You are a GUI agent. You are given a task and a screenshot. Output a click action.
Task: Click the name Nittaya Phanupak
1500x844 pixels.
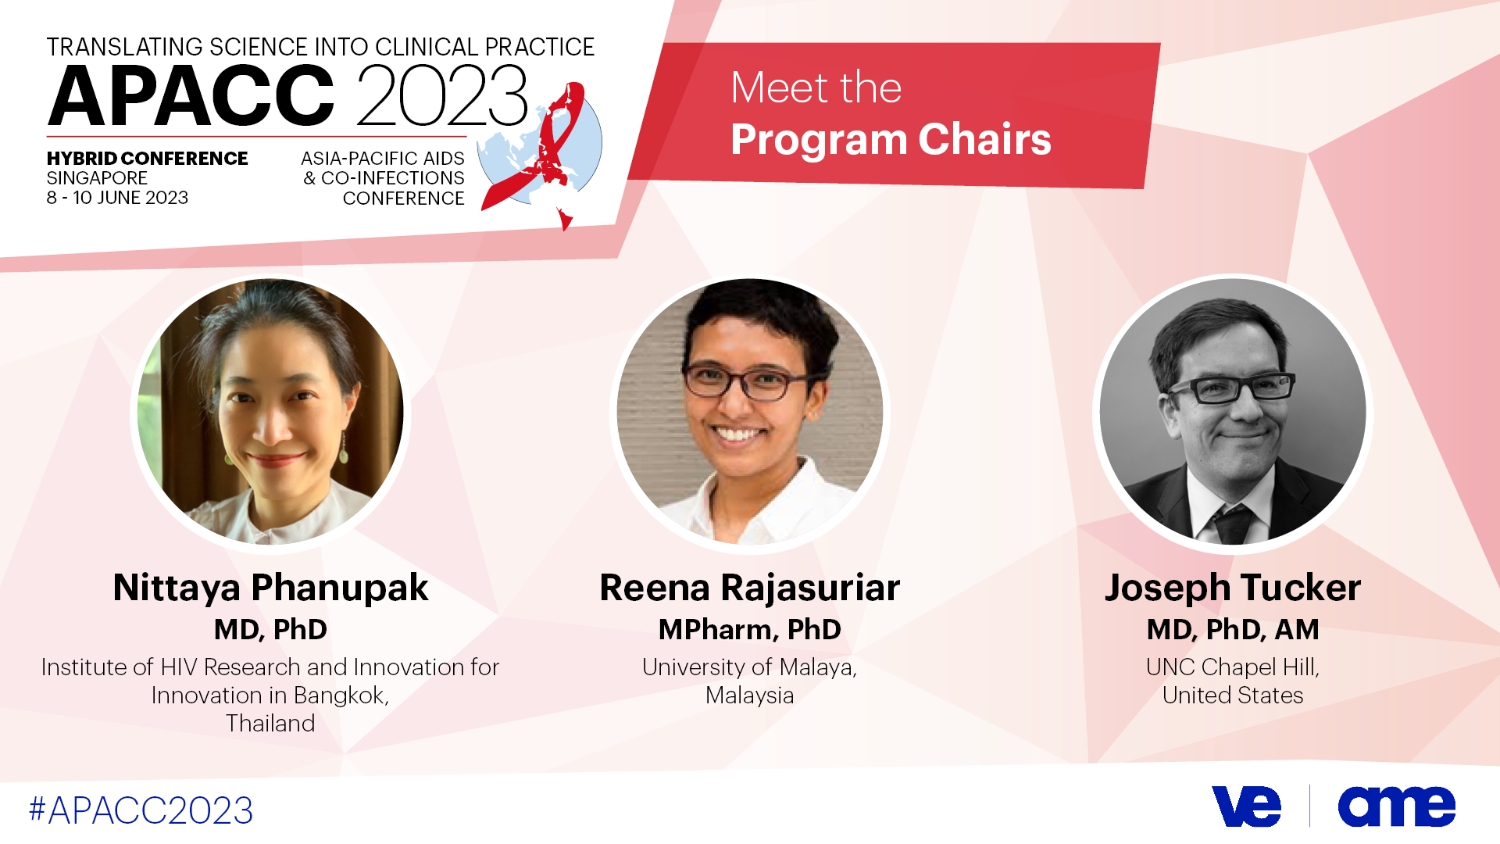[270, 588]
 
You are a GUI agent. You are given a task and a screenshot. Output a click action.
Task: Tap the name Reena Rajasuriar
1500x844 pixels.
[750, 588]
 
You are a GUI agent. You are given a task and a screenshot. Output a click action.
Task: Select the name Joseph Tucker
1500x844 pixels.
[1233, 588]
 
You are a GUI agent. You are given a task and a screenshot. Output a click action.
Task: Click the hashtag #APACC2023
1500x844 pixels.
[141, 810]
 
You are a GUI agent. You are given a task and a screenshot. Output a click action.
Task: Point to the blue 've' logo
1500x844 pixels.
[1247, 806]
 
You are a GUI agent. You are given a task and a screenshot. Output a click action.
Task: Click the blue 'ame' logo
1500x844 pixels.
[1397, 806]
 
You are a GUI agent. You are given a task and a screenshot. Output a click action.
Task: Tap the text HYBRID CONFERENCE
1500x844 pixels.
[147, 159]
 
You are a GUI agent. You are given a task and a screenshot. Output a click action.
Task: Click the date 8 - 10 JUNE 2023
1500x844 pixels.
[117, 198]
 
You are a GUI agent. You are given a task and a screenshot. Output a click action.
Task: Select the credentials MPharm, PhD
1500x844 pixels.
[750, 630]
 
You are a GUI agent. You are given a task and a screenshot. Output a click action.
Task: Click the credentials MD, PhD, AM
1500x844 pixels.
[1233, 630]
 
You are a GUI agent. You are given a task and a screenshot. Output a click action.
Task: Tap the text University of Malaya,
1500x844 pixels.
[750, 667]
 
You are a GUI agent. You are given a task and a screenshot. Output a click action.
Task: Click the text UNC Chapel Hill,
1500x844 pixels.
[1233, 667]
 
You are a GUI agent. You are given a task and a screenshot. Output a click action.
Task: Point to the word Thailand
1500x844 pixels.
[270, 724]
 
